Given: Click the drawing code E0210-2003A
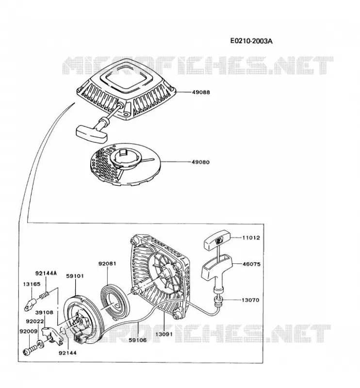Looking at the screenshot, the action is [251, 41].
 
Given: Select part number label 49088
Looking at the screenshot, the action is [201, 92].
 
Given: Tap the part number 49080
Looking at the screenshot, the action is [200, 162].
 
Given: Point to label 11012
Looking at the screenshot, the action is [251, 238].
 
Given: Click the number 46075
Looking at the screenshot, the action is [251, 264].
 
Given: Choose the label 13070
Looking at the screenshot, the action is [250, 300].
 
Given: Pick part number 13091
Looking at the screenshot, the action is [164, 334].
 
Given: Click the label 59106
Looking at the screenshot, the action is [138, 340].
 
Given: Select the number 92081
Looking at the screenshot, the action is [107, 263].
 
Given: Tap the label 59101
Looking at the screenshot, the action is [75, 275].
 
